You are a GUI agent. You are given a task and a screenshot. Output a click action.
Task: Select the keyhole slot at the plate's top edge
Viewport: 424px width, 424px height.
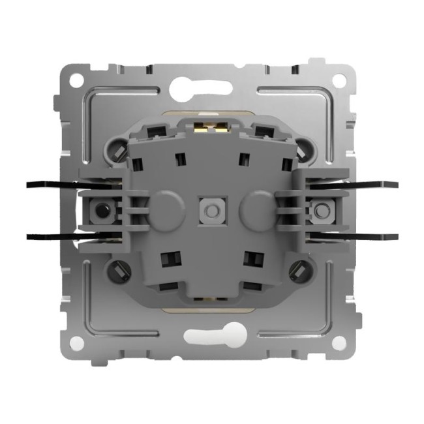[x=210, y=83]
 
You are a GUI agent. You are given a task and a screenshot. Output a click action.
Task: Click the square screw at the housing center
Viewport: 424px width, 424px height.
[x=211, y=211]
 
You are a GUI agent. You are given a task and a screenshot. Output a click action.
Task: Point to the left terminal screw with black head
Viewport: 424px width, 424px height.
[x=101, y=211]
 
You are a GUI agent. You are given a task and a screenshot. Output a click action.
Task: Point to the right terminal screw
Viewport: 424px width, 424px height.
[x=320, y=211]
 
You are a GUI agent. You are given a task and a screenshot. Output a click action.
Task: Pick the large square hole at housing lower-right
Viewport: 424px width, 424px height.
[x=251, y=257]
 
